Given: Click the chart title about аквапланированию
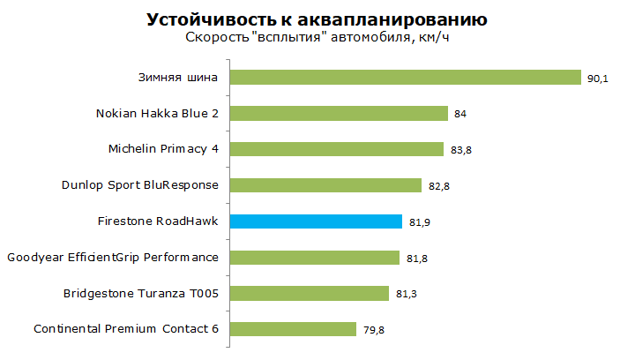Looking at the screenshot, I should [x=317, y=19].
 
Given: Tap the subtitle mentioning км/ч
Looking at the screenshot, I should [x=317, y=38].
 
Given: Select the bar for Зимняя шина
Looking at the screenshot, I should [x=405, y=78].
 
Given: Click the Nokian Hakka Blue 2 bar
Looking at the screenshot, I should [x=339, y=114].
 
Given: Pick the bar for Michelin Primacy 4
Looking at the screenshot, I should [x=336, y=149].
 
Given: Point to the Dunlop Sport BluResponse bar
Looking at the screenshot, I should [x=325, y=185].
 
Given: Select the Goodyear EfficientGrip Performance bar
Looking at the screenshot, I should [x=315, y=257].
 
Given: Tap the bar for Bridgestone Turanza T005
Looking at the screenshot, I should [x=310, y=293].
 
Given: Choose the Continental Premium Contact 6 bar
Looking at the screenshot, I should [x=293, y=329].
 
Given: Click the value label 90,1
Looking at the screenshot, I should [x=598, y=79].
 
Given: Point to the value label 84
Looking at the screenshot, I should [x=459, y=115].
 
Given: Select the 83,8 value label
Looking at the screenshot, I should [x=461, y=150].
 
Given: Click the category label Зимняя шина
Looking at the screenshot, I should [x=178, y=78].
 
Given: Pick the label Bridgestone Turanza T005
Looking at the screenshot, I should [x=140, y=293].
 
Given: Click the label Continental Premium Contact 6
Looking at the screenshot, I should [x=125, y=329].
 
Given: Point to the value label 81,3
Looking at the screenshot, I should [x=406, y=294].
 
